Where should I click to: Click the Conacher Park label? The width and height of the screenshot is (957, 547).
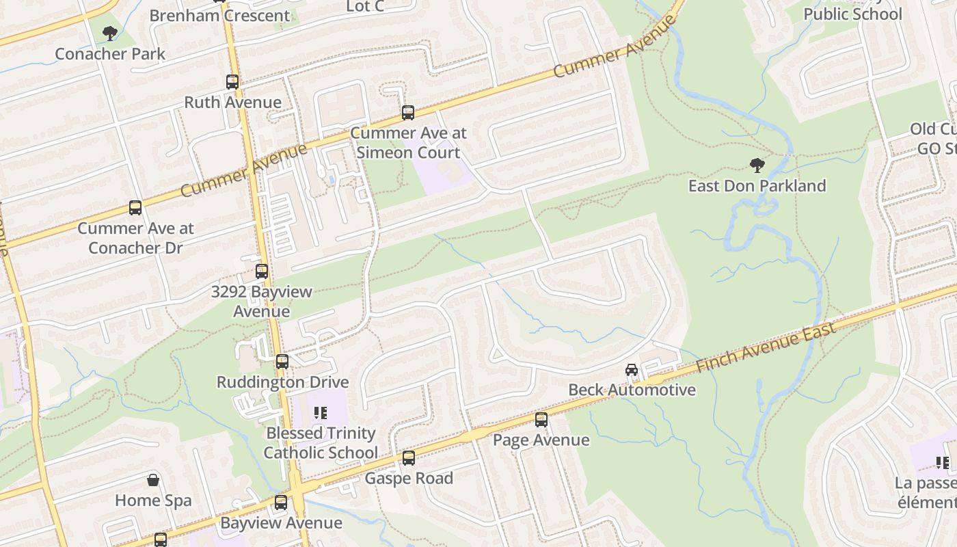click(x=110, y=53)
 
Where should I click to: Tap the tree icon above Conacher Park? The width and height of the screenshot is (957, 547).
click(x=109, y=33)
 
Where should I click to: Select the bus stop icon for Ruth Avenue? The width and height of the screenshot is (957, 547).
click(x=232, y=82)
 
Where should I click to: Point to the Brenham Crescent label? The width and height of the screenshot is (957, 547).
click(x=219, y=15)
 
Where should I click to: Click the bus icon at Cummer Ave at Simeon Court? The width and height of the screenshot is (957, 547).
click(x=408, y=113)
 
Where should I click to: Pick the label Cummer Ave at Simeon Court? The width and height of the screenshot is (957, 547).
click(x=408, y=142)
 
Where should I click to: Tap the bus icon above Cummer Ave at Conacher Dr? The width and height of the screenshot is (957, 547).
click(x=135, y=208)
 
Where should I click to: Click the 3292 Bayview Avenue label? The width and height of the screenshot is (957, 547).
click(x=261, y=302)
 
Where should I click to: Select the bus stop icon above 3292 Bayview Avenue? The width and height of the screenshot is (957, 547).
click(x=262, y=271)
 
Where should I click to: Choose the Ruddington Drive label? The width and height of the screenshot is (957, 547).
click(x=282, y=382)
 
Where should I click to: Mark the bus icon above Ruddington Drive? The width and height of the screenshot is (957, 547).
click(x=282, y=362)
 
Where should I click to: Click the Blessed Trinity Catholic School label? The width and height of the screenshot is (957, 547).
click(x=321, y=442)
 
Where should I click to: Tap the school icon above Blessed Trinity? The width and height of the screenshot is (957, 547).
click(x=320, y=413)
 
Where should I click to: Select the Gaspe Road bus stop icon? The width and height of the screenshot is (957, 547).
click(x=409, y=458)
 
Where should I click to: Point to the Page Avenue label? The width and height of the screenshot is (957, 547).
click(x=541, y=440)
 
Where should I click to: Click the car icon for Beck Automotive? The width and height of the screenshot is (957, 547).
click(x=632, y=370)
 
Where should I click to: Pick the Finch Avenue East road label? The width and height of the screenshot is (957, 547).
click(x=766, y=348)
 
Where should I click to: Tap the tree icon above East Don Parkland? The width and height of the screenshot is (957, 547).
click(x=757, y=165)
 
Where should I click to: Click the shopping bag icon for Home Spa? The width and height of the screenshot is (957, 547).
click(x=153, y=480)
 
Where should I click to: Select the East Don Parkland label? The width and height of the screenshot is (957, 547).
click(x=757, y=186)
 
